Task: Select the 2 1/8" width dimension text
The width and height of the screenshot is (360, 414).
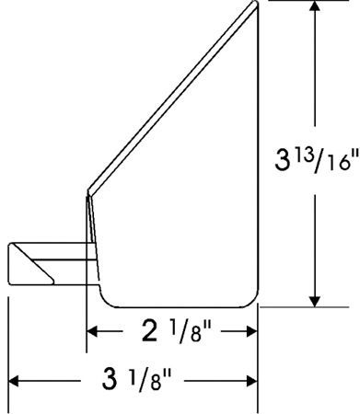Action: [177, 330]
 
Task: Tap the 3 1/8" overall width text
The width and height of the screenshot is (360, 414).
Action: [136, 380]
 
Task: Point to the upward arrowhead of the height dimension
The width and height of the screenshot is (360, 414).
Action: [315, 6]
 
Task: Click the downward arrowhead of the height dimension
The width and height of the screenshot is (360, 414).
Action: [315, 301]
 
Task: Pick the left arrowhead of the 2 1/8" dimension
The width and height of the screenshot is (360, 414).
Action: [92, 331]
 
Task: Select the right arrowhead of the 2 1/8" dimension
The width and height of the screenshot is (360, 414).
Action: [251, 331]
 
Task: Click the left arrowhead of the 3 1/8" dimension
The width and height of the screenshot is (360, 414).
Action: [14, 381]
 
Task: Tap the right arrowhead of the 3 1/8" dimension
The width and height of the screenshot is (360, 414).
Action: [251, 381]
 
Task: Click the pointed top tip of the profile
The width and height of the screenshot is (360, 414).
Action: [255, 3]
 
